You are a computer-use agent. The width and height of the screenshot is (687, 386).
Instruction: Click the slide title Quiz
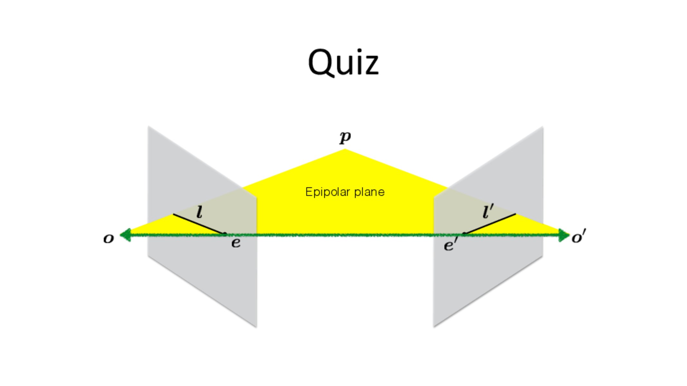click(343, 63)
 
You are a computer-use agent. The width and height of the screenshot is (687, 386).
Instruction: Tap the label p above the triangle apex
click(345, 137)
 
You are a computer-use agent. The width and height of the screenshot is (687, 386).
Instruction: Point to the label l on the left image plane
click(200, 212)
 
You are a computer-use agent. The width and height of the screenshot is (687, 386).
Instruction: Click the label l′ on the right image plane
click(488, 212)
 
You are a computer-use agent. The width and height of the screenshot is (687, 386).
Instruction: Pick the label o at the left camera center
click(109, 239)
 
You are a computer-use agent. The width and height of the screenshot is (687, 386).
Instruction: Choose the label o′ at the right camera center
click(578, 237)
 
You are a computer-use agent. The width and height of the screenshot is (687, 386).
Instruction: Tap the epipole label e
click(236, 243)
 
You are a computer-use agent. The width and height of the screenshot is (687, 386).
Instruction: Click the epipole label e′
click(450, 245)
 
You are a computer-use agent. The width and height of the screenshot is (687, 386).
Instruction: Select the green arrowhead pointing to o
click(126, 235)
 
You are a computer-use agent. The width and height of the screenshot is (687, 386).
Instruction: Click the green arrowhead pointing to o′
click(564, 235)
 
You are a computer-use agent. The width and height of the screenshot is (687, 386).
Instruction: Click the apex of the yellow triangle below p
click(345, 150)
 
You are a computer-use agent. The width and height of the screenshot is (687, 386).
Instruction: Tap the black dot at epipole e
click(225, 234)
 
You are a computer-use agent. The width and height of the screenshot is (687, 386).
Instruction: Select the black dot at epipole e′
click(464, 234)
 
